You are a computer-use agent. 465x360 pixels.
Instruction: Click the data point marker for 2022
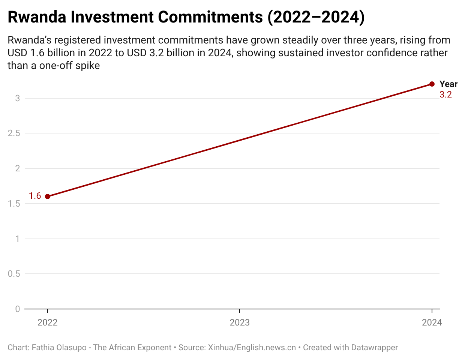click(x=48, y=196)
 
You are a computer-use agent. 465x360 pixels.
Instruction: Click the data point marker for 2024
click(x=432, y=84)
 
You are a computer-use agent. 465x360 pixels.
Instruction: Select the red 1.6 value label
click(x=35, y=196)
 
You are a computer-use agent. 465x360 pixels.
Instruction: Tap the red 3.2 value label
click(x=445, y=94)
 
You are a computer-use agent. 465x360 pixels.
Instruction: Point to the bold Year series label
click(x=448, y=84)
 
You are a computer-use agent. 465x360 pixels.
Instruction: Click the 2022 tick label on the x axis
click(x=48, y=322)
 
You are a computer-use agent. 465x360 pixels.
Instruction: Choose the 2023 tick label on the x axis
click(x=240, y=322)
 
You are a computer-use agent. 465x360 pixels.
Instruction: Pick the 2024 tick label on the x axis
click(x=432, y=322)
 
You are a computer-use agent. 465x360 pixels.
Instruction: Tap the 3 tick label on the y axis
click(x=17, y=98)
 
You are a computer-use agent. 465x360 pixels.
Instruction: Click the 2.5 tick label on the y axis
click(x=14, y=133)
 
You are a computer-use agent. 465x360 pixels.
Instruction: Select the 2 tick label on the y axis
click(x=17, y=168)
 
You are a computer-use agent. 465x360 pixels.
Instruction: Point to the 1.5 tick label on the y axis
click(x=14, y=204)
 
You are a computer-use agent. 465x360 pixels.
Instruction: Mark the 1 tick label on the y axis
click(x=17, y=239)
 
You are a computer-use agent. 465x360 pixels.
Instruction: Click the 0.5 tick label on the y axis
click(x=14, y=274)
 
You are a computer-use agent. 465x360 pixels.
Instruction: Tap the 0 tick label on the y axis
click(x=17, y=309)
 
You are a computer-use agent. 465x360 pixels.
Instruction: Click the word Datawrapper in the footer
click(x=374, y=348)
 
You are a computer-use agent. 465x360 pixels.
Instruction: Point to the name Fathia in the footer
click(x=43, y=348)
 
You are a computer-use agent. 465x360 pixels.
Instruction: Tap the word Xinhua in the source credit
click(x=221, y=348)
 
